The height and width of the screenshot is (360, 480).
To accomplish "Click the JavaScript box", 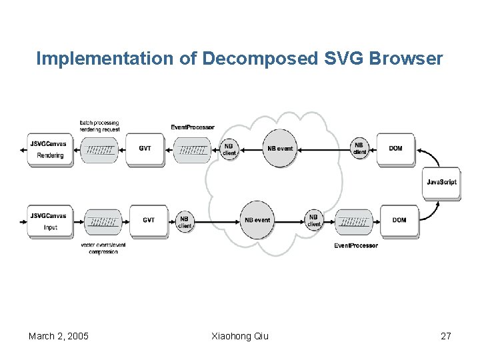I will click(x=441, y=182).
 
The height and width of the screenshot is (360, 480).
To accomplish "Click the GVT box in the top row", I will click(x=145, y=149).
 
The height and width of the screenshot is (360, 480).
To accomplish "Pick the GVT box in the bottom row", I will click(x=149, y=221).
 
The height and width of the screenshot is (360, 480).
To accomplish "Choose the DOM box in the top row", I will click(x=395, y=149).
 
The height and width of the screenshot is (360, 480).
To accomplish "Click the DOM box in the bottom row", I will click(x=399, y=221).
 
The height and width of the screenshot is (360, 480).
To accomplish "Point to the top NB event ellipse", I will click(x=279, y=149).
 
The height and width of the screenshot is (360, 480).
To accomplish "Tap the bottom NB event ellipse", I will click(x=257, y=221).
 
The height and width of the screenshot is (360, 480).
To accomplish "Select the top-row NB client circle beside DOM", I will click(x=359, y=149).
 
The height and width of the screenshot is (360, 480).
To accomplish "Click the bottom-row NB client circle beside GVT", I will click(x=185, y=222).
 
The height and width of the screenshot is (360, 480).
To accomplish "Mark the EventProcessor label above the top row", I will click(x=193, y=127).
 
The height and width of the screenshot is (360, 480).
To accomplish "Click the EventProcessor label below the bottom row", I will click(x=356, y=245).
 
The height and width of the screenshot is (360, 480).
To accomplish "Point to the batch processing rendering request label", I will click(x=99, y=126).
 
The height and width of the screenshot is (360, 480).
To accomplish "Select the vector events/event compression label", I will click(x=103, y=248).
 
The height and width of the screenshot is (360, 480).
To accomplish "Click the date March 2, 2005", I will click(x=59, y=336).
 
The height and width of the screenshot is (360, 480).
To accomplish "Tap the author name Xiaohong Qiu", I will click(x=239, y=336).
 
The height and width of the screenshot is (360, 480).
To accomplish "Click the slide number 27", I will click(x=446, y=336).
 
